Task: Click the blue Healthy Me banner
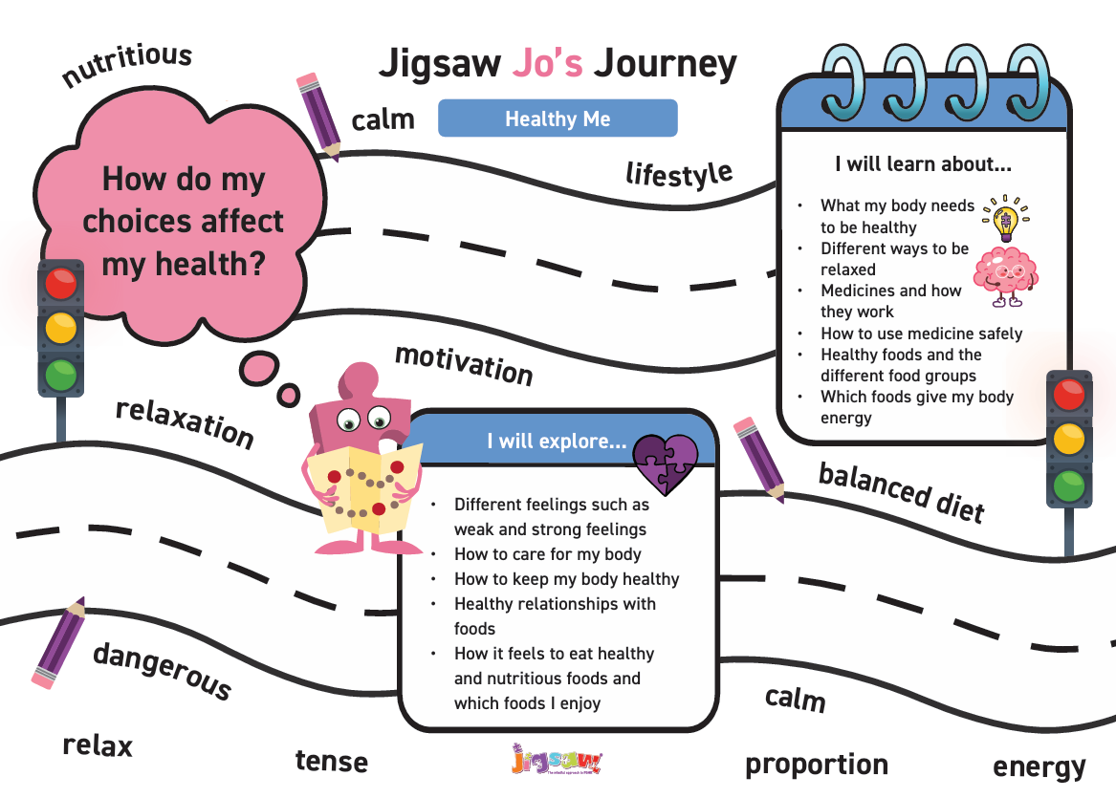tap(558, 119)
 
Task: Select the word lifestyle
tap(679, 174)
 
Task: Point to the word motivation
tap(464, 364)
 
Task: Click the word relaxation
tap(186, 422)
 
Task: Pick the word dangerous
tap(163, 671)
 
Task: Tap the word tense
tap(332, 762)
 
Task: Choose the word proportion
tap(817, 766)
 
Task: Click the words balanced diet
tap(902, 492)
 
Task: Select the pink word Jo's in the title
tap(547, 62)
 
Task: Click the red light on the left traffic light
tap(60, 283)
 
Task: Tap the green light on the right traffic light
tap(1068, 485)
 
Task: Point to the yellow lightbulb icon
tap(1005, 219)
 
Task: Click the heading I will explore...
tap(557, 441)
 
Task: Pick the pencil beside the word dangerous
tap(58, 643)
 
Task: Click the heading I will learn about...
tap(923, 164)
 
